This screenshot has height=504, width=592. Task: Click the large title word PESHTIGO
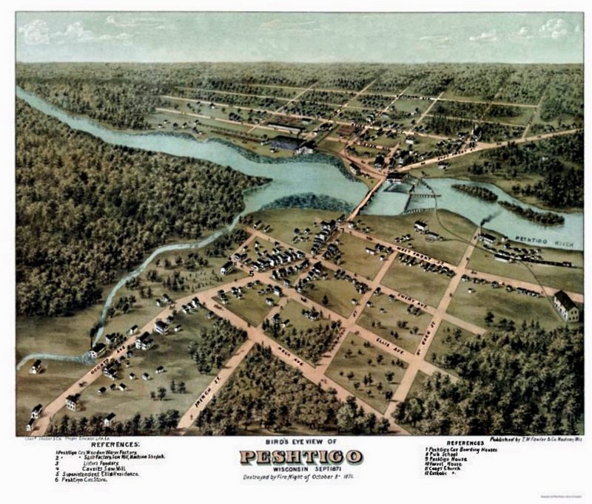(300, 457)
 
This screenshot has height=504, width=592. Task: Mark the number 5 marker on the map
(252, 273)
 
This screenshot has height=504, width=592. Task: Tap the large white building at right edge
(566, 306)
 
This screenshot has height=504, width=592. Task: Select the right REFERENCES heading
(465, 443)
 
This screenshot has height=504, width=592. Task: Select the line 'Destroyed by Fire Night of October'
(296, 477)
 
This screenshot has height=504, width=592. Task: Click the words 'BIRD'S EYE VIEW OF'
(300, 442)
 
